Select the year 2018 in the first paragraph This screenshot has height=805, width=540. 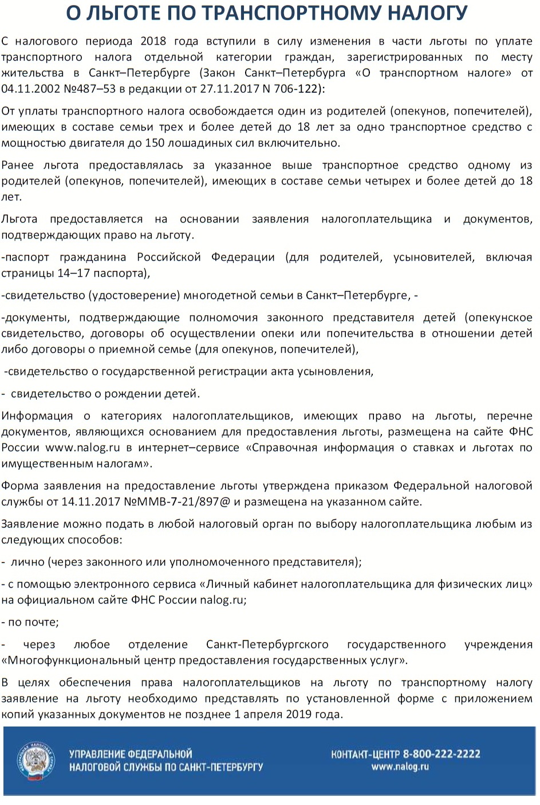(x=153, y=41)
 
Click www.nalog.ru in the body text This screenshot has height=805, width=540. (x=82, y=447)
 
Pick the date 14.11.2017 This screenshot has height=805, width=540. (x=91, y=502)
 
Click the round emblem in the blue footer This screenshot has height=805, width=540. (x=36, y=760)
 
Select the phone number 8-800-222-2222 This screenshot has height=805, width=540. (x=442, y=754)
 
